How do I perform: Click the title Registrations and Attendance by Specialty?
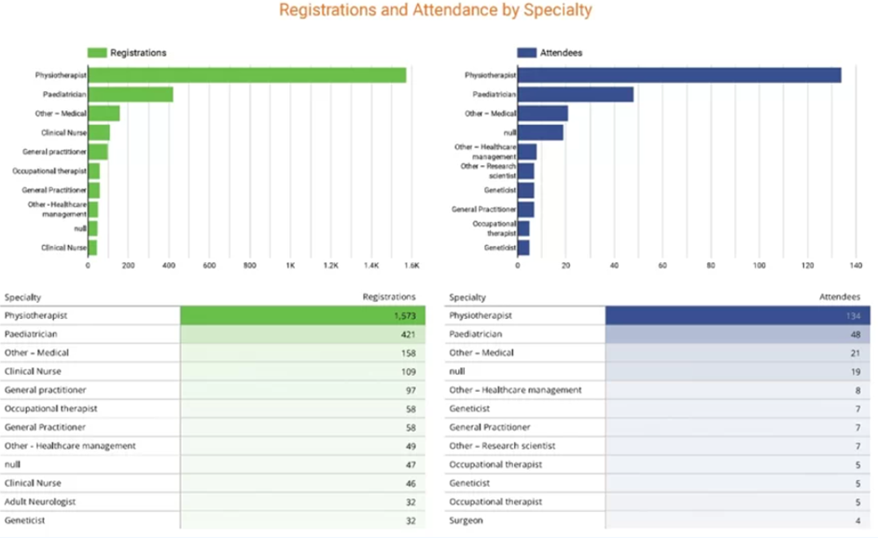(436, 11)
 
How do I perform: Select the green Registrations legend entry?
(127, 53)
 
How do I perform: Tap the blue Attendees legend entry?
(550, 53)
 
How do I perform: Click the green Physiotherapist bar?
(246, 76)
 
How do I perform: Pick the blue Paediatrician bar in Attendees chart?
(575, 94)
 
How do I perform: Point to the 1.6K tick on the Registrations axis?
(411, 266)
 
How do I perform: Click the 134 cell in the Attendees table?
(850, 316)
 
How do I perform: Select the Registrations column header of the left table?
(388, 297)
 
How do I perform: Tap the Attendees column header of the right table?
(839, 297)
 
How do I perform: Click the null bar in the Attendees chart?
(540, 132)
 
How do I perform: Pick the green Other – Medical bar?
(104, 114)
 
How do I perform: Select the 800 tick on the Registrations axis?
(250, 266)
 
